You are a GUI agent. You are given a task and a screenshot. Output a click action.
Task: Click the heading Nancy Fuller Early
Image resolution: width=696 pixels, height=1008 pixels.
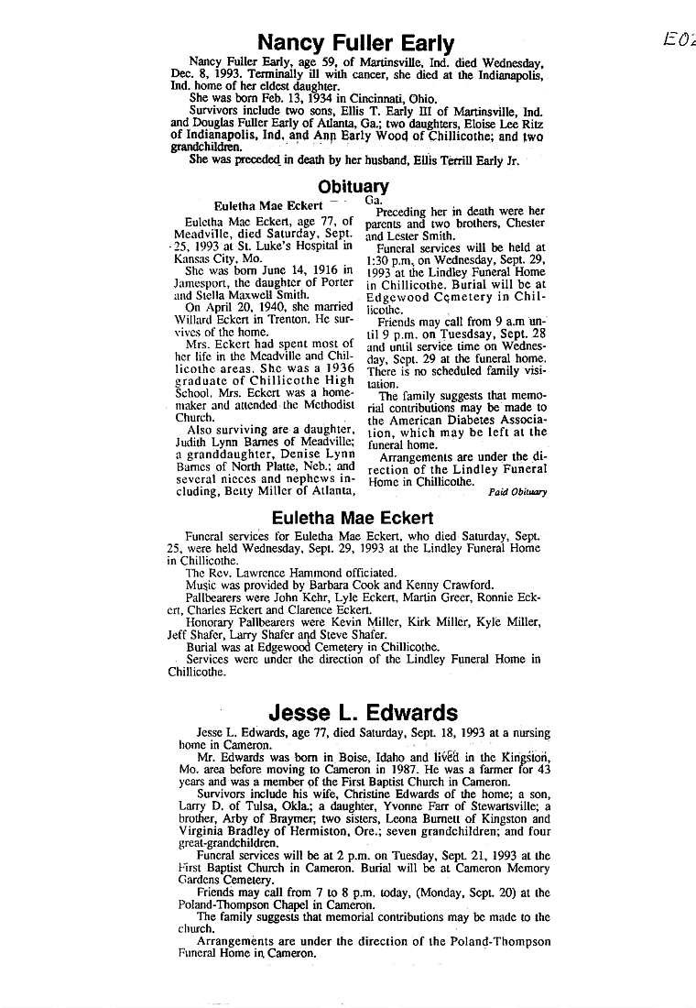click(356, 43)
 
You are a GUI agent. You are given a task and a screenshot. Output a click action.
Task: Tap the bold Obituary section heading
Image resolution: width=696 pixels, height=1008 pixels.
click(353, 187)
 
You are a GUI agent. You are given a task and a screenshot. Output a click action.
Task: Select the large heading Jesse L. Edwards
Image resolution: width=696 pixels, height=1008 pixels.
click(364, 713)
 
